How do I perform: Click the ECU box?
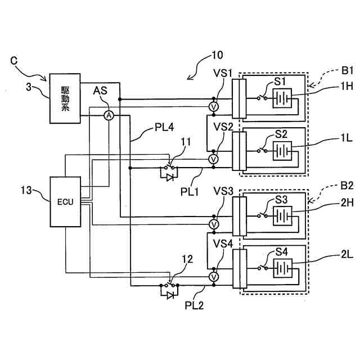tap(65, 201)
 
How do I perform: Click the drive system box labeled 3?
tap(65, 98)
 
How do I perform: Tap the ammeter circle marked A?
tap(109, 115)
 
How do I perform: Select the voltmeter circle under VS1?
tap(214, 106)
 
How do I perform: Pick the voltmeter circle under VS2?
tap(214, 159)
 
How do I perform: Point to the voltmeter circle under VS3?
tap(214, 224)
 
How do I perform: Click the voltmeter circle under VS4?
tap(214, 277)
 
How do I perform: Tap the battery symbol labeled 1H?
tap(282, 98)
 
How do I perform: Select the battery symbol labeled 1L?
tap(282, 151)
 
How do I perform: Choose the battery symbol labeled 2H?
tap(282, 216)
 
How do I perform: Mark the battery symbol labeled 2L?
tap(283, 268)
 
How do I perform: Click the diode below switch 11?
tap(170, 177)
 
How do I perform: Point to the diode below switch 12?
tap(170, 295)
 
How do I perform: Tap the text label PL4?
tap(164, 127)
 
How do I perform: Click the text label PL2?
tap(194, 305)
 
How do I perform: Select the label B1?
tap(347, 70)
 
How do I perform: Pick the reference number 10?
tap(217, 55)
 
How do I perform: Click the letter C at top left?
tap(14, 61)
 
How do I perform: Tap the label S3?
tap(281, 200)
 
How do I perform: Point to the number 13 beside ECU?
tap(26, 190)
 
